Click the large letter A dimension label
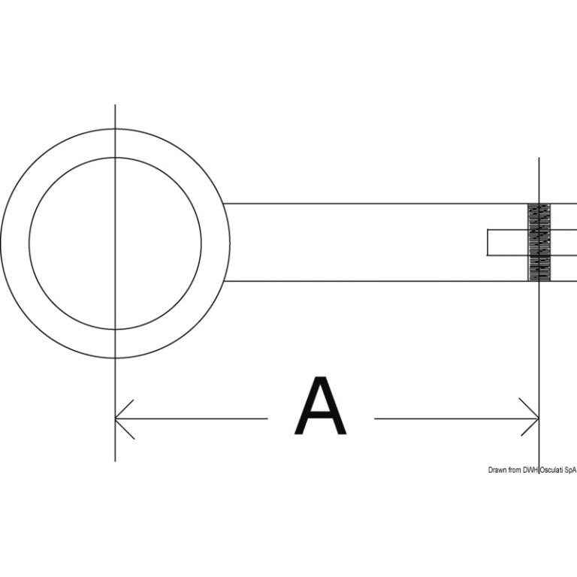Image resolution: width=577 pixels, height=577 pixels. point(321,406)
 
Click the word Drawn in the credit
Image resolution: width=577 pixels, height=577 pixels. point(497,470)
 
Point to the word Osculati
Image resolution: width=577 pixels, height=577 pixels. point(551,470)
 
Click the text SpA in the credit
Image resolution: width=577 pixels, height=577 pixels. point(570,470)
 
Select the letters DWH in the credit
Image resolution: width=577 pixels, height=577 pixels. point(530,470)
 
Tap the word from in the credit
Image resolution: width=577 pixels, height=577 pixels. point(515,470)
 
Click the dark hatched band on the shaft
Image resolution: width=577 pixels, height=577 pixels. point(539,242)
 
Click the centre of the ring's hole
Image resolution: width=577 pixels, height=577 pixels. point(115,243)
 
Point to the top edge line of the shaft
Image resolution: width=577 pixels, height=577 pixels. point(400,204)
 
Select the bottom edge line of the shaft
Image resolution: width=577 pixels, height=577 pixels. point(400,281)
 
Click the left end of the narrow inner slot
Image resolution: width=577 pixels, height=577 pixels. point(488,242)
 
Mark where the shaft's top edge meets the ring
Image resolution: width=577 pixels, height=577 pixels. point(223,204)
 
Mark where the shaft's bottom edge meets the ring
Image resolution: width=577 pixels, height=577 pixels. point(223,281)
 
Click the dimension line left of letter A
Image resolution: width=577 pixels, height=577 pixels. point(192,418)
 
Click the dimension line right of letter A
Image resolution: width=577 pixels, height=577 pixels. point(457,418)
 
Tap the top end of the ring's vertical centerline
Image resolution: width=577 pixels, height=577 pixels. point(115,104)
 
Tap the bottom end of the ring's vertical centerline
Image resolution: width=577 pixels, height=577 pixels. point(115,461)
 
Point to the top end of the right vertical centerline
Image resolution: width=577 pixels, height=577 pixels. point(539,158)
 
